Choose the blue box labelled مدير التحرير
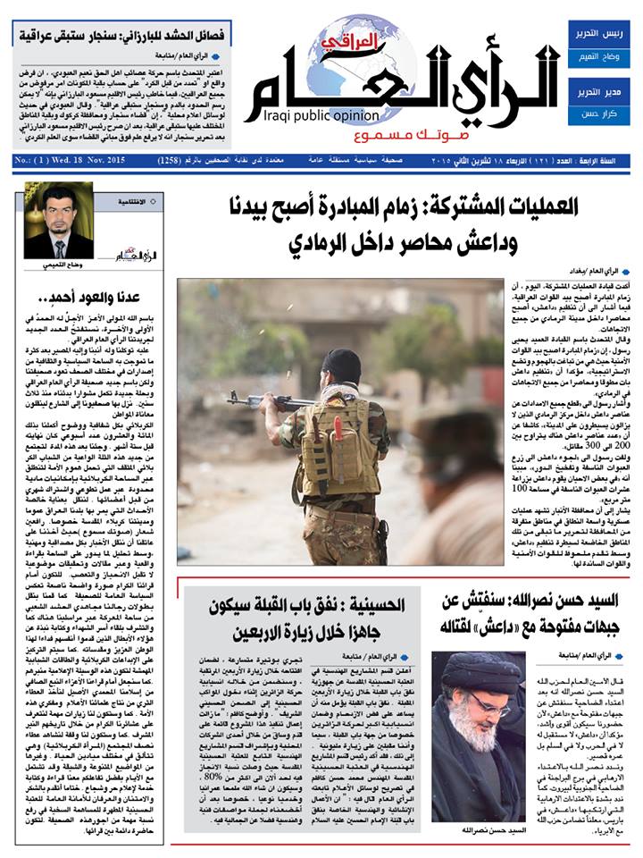click(x=599, y=93)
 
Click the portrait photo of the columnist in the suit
click(x=58, y=221)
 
